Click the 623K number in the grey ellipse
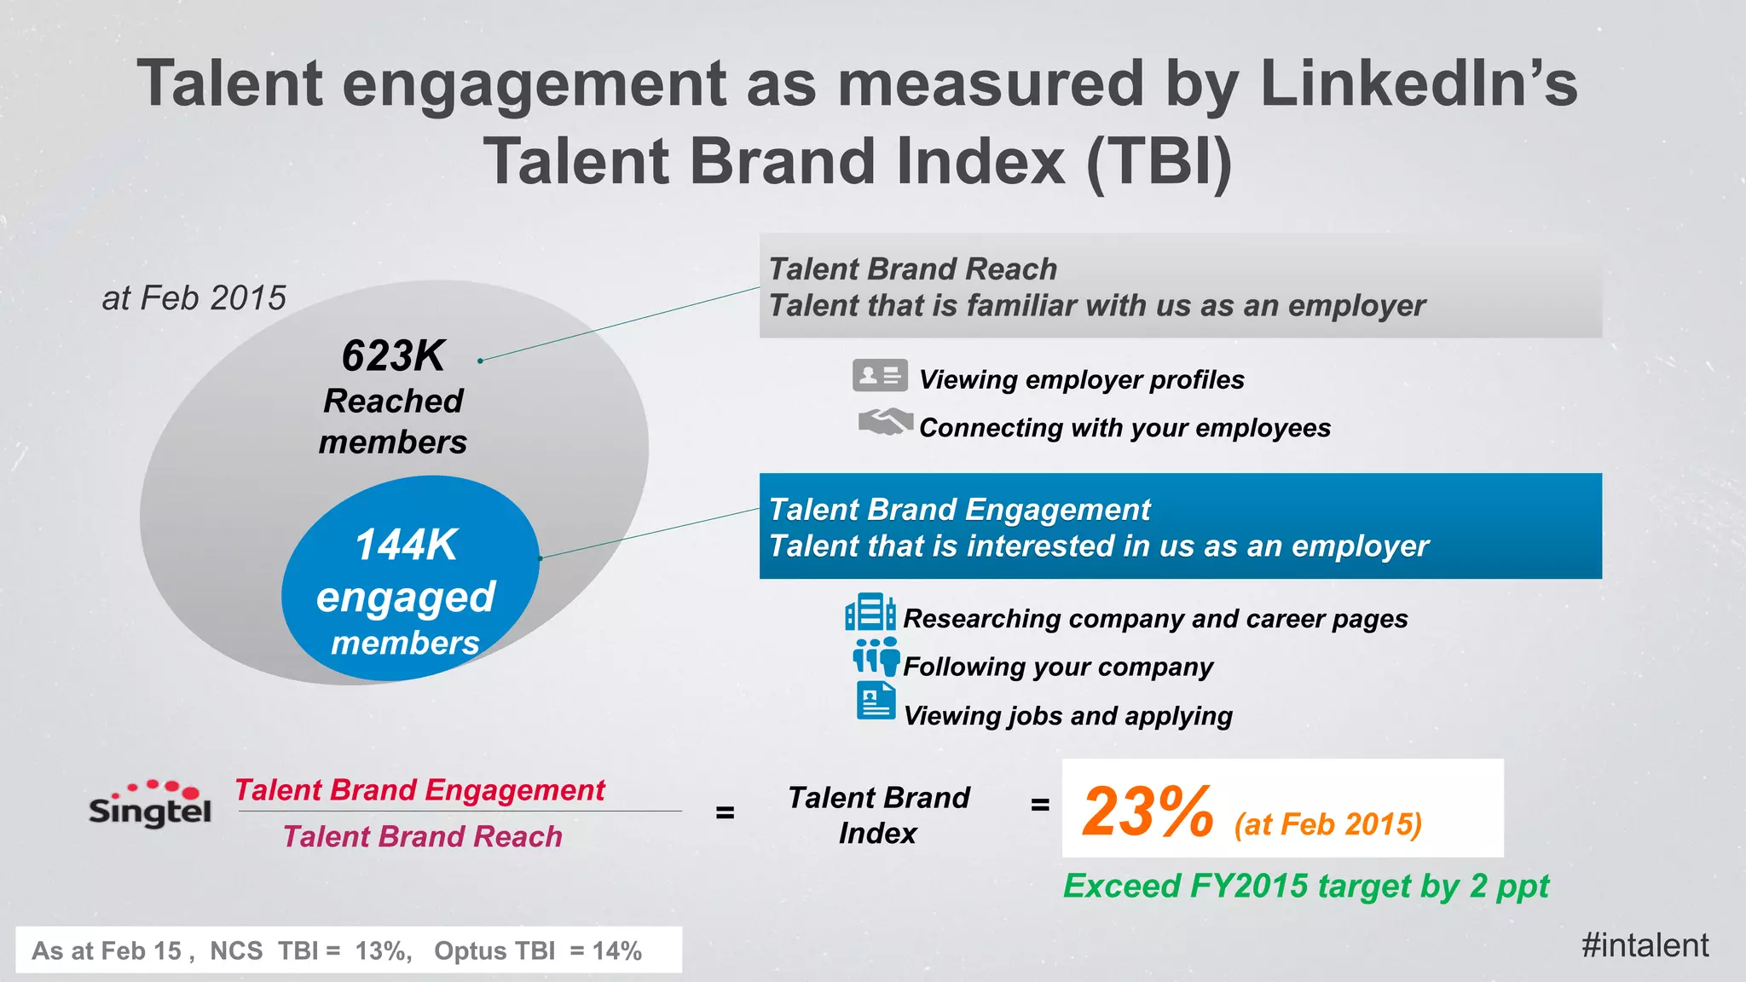tap(393, 355)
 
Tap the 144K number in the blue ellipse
tap(406, 545)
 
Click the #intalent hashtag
tap(1645, 945)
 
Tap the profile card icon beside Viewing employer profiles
tap(879, 375)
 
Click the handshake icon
tap(885, 422)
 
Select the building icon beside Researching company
tap(870, 612)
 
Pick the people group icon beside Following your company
tap(876, 656)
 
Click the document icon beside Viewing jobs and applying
tap(876, 702)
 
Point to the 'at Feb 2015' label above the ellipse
tap(194, 298)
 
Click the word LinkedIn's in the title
tap(1418, 84)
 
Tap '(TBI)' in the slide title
tap(1160, 161)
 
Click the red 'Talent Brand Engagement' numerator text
tap(419, 790)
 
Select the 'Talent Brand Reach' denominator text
tap(422, 837)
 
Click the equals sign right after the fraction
tap(725, 812)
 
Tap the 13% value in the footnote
tap(383, 950)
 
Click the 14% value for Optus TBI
tap(616, 950)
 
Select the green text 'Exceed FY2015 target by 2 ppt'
tap(1305, 887)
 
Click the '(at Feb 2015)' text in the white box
tap(1327, 824)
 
